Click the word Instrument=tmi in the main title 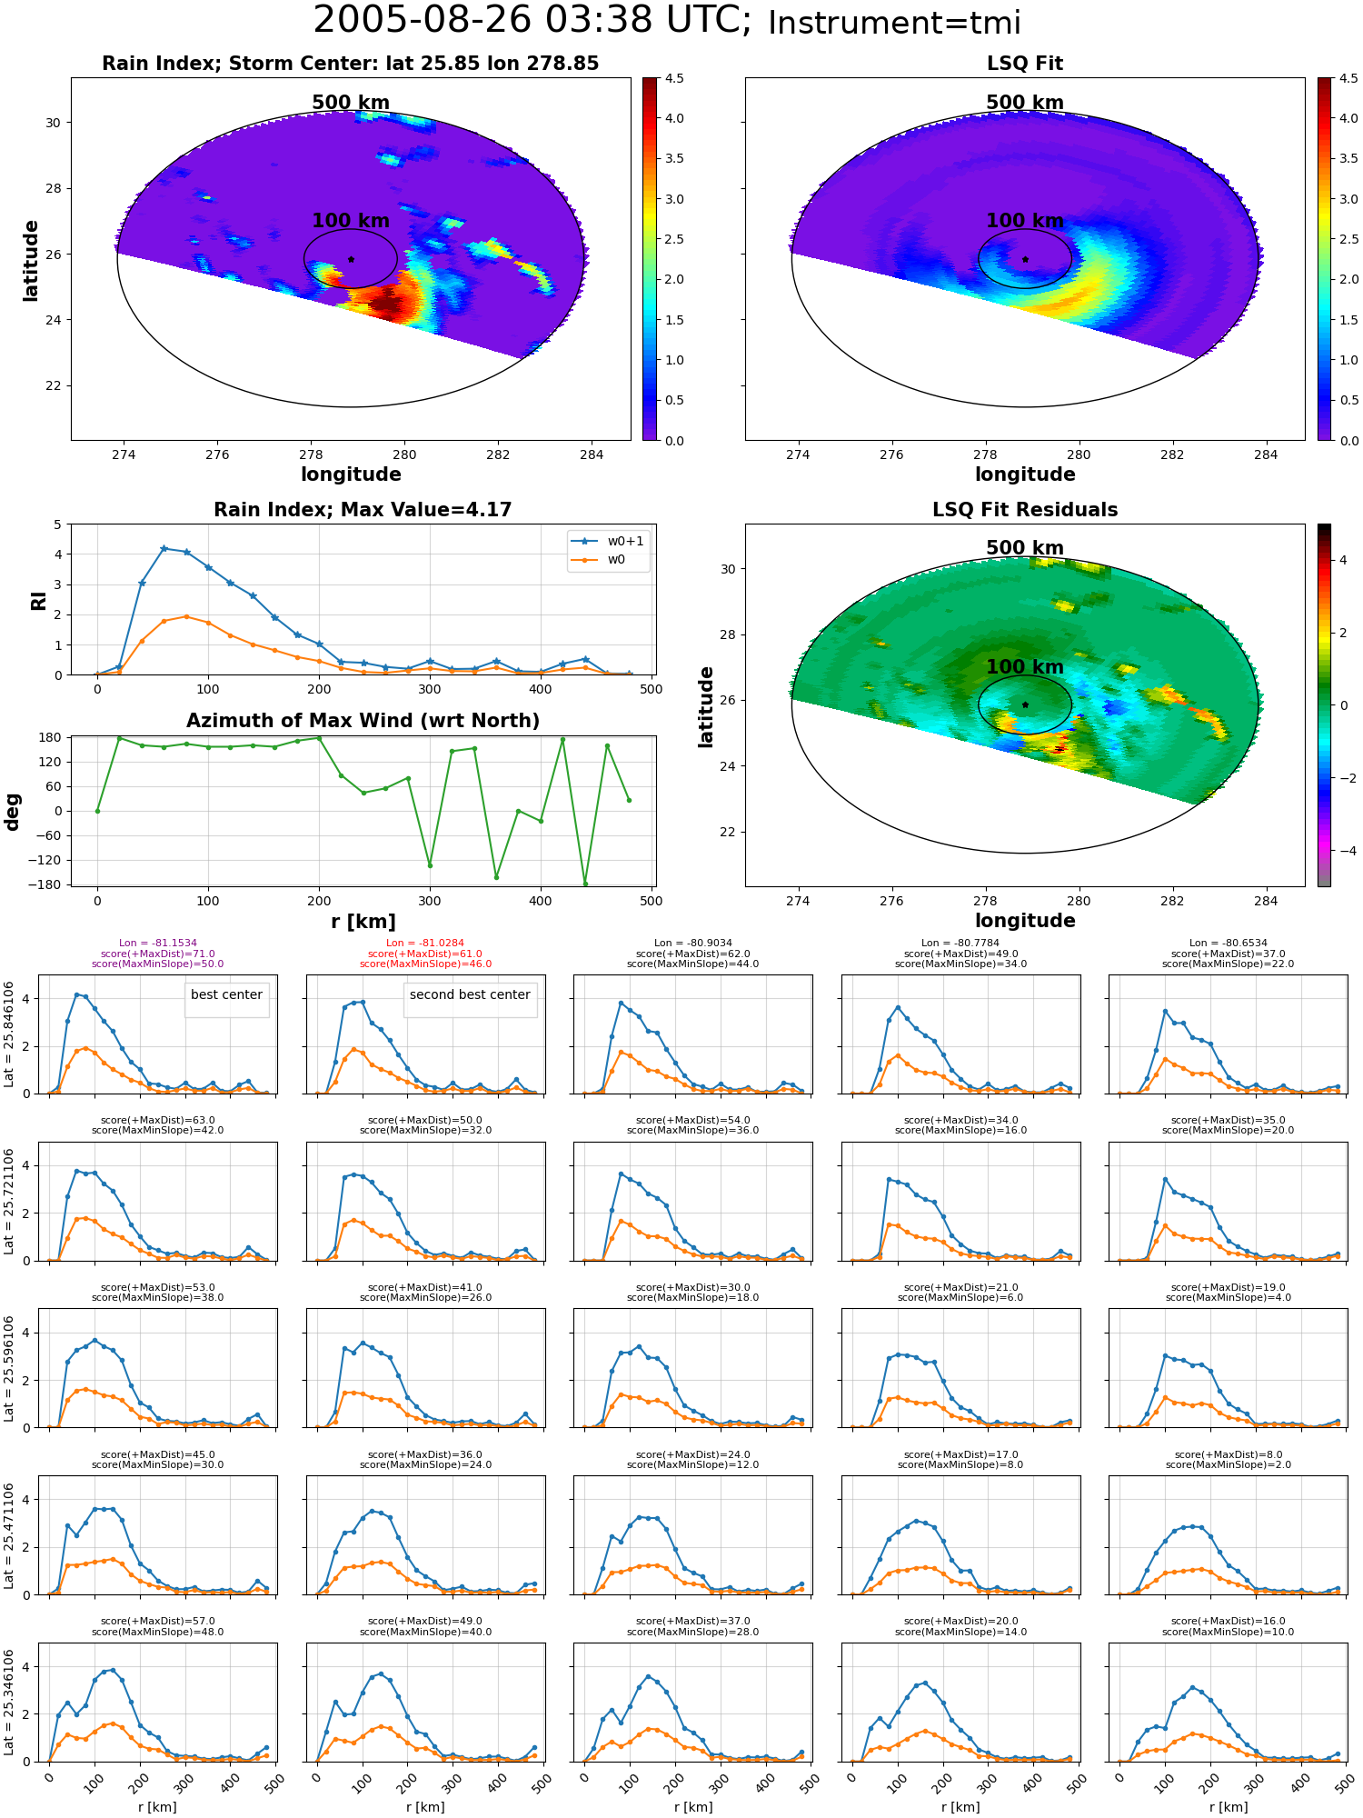[x=894, y=23]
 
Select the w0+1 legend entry [x=609, y=541]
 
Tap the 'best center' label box [x=226, y=994]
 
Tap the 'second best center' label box [x=470, y=994]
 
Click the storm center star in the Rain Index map [x=351, y=259]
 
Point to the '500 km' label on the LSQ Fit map [x=1025, y=103]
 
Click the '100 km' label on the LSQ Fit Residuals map [x=1025, y=666]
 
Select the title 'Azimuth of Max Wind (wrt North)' [x=363, y=721]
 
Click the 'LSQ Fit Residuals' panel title [x=1025, y=510]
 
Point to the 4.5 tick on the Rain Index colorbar [x=673, y=78]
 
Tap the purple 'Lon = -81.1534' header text [x=158, y=944]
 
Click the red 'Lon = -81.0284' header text [x=425, y=944]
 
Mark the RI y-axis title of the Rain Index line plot [x=38, y=601]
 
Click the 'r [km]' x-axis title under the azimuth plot [x=363, y=922]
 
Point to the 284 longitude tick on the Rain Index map [x=592, y=454]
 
